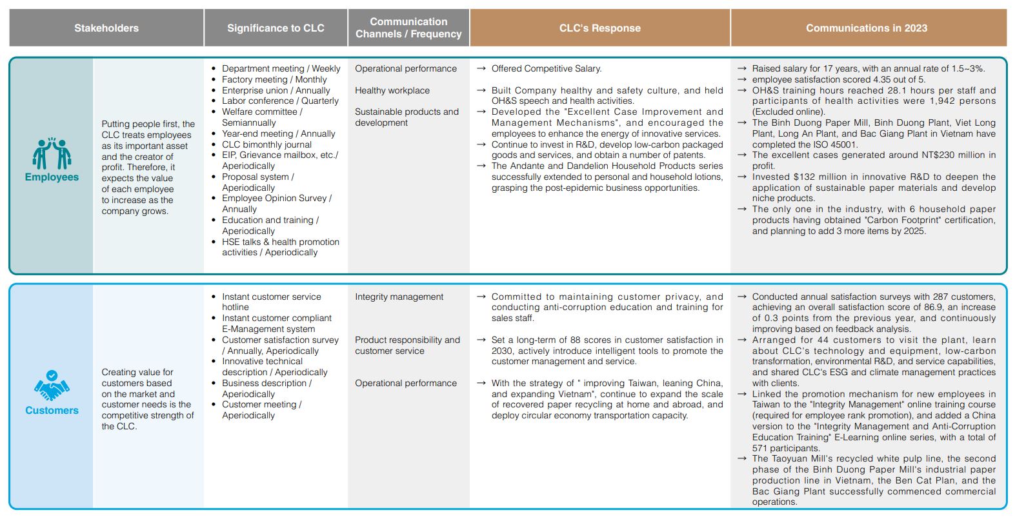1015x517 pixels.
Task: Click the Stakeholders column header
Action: [x=106, y=28]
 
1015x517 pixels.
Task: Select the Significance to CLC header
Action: [x=276, y=28]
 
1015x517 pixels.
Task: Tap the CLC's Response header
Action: [x=599, y=28]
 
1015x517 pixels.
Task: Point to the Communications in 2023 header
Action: [x=866, y=28]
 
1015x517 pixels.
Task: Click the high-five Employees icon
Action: [x=52, y=153]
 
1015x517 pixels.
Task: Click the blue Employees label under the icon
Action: [x=52, y=177]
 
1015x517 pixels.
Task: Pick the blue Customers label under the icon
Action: [x=52, y=411]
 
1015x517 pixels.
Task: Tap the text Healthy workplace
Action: [x=392, y=90]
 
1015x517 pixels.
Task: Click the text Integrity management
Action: [x=399, y=297]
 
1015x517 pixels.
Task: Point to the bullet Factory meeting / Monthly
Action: [x=274, y=79]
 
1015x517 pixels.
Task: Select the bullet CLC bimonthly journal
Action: [x=266, y=144]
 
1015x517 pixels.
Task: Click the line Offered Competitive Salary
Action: [x=546, y=68]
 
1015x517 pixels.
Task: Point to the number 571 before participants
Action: [x=760, y=448]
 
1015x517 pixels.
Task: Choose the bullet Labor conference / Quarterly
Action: [x=280, y=101]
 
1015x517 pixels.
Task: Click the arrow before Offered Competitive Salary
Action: [x=481, y=68]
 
